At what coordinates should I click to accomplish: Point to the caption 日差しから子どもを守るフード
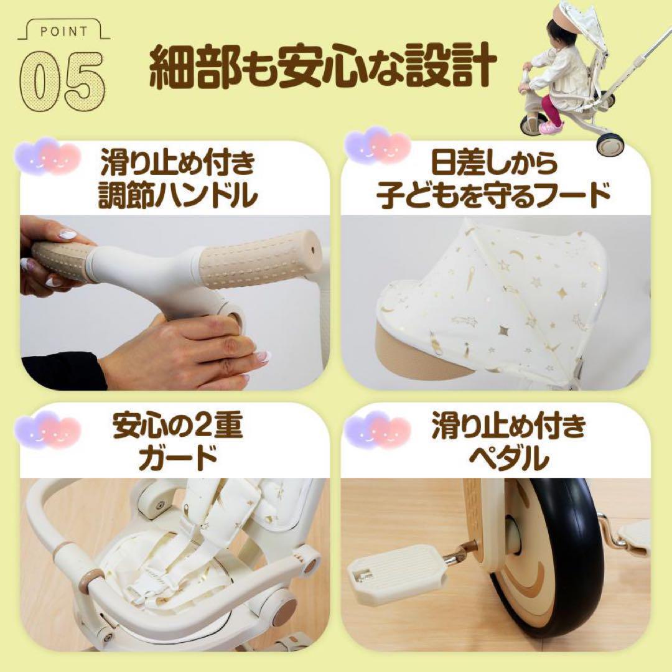tap(492, 180)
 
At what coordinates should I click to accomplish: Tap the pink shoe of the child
tap(548, 127)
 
